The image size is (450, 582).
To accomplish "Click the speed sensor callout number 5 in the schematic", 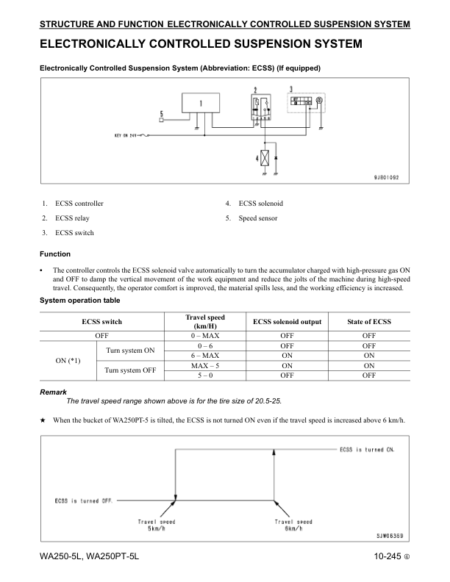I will [x=160, y=112].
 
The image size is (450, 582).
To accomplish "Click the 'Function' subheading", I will [x=56, y=254].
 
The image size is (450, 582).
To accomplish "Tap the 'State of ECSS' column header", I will [x=369, y=322].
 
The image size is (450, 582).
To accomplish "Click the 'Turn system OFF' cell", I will [x=129, y=370].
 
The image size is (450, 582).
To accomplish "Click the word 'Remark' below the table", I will [x=52, y=392].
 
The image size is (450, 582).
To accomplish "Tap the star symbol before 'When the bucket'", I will [x=43, y=420].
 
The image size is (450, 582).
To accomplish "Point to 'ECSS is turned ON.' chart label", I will [x=366, y=450].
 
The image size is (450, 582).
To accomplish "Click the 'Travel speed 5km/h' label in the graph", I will [x=156, y=525].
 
